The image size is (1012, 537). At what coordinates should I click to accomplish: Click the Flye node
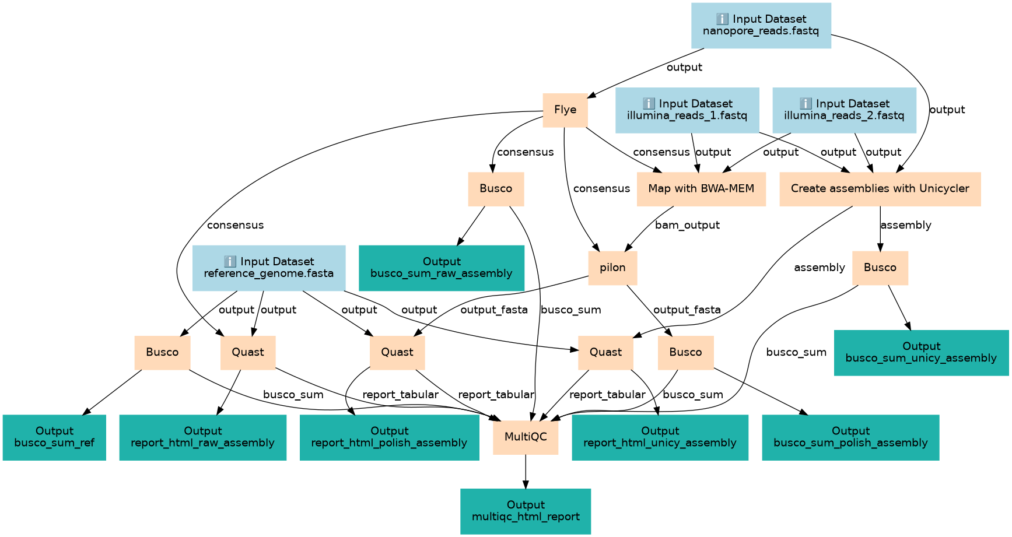[x=565, y=110]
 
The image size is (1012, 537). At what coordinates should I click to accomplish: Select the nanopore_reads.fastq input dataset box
[x=761, y=25]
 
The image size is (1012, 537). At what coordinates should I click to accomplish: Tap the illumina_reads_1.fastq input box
[x=687, y=110]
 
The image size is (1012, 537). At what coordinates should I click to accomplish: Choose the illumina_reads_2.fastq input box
[x=844, y=110]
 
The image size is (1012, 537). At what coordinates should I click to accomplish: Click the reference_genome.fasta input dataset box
[x=268, y=268]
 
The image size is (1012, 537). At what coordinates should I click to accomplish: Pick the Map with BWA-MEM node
[x=701, y=189]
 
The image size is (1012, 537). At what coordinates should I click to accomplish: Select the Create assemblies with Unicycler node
[x=880, y=189]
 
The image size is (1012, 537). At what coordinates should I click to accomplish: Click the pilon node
[x=612, y=268]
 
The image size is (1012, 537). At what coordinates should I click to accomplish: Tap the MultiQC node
[x=526, y=437]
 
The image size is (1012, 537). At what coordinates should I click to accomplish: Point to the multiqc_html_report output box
[x=526, y=511]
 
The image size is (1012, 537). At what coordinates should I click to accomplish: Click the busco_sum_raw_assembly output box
[x=441, y=268]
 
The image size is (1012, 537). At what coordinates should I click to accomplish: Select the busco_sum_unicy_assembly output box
[x=921, y=352]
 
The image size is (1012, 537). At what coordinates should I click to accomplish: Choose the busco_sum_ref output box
[x=54, y=437]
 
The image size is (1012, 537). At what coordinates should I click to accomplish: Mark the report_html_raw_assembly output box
[x=202, y=437]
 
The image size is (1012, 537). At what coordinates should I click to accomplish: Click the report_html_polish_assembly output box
[x=389, y=437]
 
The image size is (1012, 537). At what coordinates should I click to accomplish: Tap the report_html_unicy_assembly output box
[x=660, y=437]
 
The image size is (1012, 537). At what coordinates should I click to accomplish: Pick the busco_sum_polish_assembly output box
[x=850, y=437]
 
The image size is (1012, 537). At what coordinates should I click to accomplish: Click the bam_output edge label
[x=687, y=225]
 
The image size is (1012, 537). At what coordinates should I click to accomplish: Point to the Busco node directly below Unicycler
[x=880, y=268]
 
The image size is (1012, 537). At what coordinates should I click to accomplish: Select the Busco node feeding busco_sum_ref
[x=162, y=352]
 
